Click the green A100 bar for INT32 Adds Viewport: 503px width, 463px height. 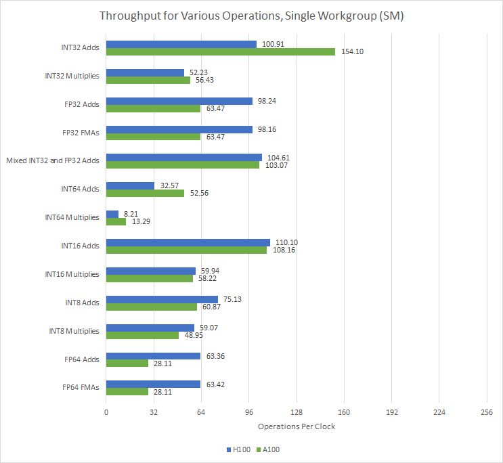click(221, 51)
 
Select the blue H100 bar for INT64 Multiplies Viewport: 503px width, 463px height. click(112, 214)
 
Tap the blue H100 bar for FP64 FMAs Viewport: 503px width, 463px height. click(153, 384)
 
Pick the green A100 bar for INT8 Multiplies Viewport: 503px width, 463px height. click(142, 335)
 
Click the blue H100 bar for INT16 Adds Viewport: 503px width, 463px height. click(188, 242)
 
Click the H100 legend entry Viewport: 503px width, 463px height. click(238, 449)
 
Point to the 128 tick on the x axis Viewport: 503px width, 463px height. click(296, 412)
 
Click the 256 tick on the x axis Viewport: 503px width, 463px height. click(486, 412)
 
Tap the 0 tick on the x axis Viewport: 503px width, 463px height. click(106, 412)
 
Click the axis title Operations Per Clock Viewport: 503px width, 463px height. click(297, 426)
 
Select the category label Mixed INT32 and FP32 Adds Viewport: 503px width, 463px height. click(53, 160)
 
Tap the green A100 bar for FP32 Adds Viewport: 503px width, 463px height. click(153, 108)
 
